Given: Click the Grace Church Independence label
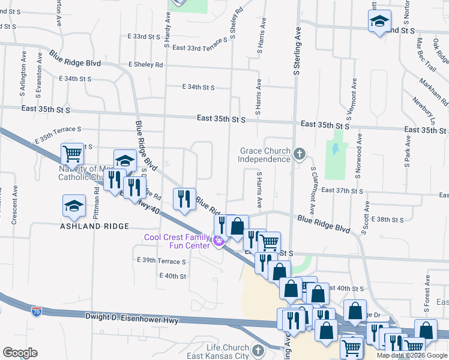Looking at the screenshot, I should [x=265, y=155].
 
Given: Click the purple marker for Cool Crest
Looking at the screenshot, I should [x=218, y=242].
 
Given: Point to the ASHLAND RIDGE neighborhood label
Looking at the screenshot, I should [x=94, y=226].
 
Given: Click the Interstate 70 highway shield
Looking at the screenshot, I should [x=37, y=311].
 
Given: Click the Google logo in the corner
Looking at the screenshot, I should [x=20, y=353].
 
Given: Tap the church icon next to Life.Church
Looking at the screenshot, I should [x=258, y=349].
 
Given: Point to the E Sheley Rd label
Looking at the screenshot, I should [x=145, y=64].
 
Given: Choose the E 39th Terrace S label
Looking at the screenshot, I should [x=161, y=261].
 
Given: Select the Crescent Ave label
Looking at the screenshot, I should [x=16, y=204].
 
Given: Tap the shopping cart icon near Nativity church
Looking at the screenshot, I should [x=72, y=154].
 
